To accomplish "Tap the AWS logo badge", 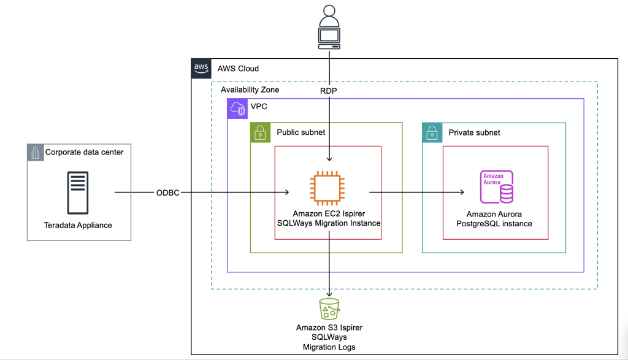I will click(201, 68).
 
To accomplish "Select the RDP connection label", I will click(329, 90).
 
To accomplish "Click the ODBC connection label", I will click(168, 193).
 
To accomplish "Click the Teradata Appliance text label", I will click(78, 225).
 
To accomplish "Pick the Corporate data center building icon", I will click(35, 152).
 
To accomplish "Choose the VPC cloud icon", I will click(237, 108).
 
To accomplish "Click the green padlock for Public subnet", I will click(260, 132).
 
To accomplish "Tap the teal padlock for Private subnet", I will click(432, 132).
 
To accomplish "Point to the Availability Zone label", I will click(250, 90).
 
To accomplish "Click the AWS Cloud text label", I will click(238, 68).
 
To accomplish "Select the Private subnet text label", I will click(474, 132).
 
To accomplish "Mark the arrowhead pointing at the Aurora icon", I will click(461, 193).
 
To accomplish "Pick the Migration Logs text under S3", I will click(329, 347).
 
